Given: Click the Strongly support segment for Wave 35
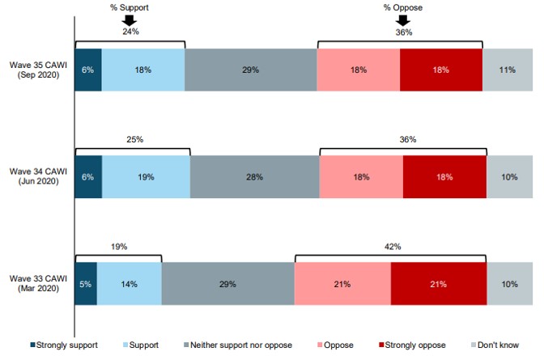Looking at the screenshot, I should point(87,70).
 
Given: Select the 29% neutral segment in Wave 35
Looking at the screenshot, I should point(250,70).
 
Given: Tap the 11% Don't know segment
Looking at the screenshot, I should point(507,70).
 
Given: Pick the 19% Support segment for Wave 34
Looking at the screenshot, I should point(146,176).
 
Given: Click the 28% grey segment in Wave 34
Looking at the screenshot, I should point(254,176).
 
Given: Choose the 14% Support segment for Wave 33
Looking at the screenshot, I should point(129,284).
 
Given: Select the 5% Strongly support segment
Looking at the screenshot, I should point(85,284).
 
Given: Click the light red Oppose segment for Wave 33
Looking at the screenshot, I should point(342,284).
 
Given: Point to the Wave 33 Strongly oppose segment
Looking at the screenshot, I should point(438,284).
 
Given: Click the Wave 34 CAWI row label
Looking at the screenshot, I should point(37,177).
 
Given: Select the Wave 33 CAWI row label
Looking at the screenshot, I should point(37,285).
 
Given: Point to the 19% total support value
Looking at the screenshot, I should point(118,246).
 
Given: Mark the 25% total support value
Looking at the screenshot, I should point(134,139).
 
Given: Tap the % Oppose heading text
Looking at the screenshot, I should point(403,6).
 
